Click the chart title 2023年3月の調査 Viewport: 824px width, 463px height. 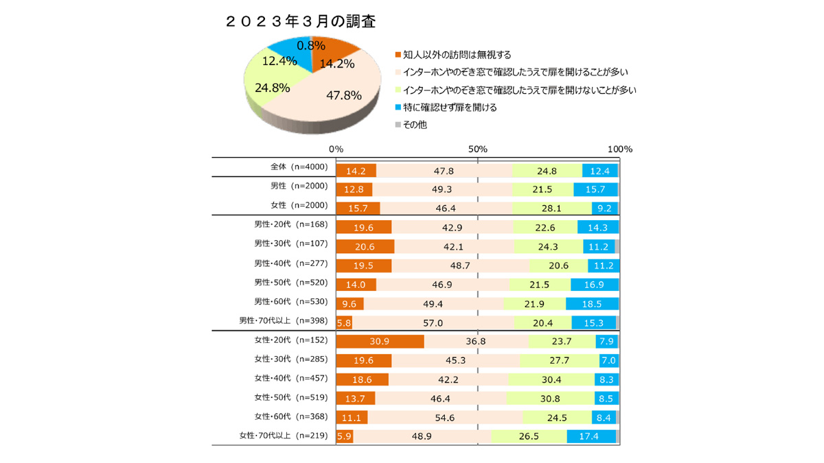[x=300, y=21]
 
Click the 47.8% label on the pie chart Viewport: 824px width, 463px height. [x=343, y=95]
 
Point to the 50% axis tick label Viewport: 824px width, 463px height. [x=478, y=149]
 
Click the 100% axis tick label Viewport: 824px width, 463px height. [x=620, y=149]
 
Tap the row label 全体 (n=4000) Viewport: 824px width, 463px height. [x=299, y=167]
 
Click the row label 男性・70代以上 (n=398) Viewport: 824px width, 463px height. [x=284, y=320]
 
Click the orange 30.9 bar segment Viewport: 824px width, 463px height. [x=380, y=341]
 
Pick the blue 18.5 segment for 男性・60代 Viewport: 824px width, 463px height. [x=592, y=303]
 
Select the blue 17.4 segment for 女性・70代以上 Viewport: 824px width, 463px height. [x=591, y=436]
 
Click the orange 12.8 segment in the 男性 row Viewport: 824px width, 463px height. [x=354, y=189]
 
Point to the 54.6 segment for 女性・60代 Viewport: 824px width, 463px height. [x=445, y=417]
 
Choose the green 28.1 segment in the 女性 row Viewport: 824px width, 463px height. [x=551, y=209]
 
